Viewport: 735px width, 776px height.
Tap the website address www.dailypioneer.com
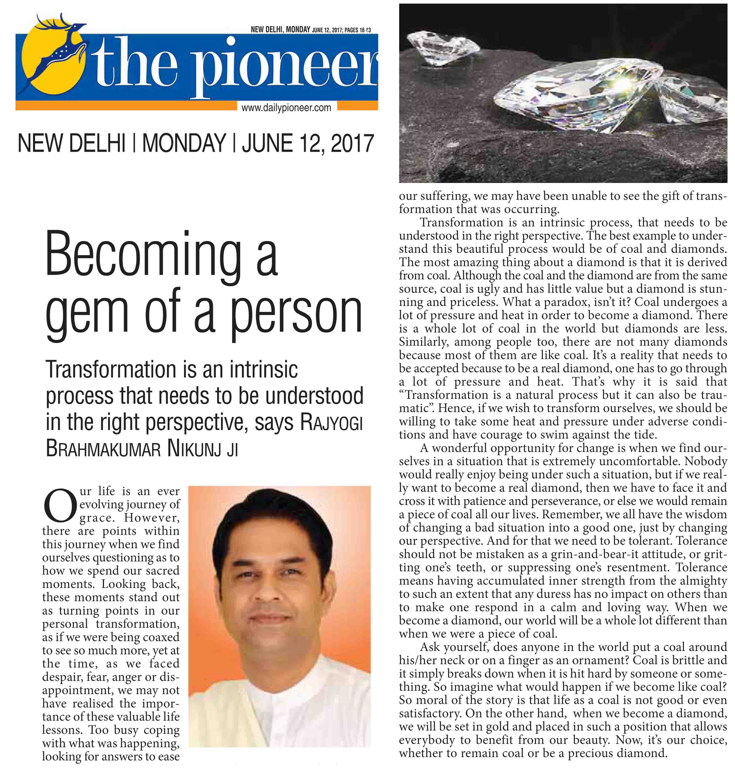(x=286, y=108)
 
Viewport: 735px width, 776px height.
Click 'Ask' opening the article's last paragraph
(x=430, y=647)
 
